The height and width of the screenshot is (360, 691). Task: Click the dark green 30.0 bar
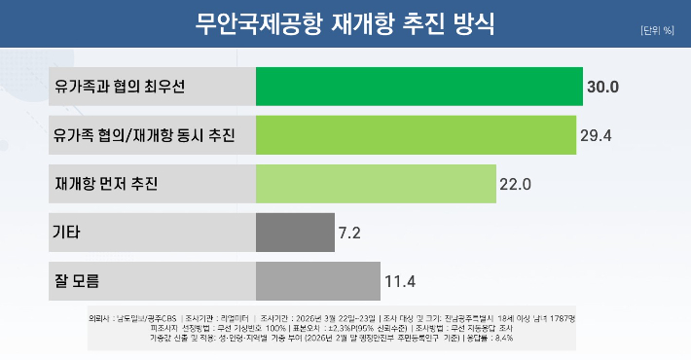418,87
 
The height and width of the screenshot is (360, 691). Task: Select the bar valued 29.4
416,134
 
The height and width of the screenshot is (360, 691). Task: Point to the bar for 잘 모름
317,282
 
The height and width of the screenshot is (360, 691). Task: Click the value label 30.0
603,87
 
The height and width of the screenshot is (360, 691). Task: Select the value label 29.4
596,134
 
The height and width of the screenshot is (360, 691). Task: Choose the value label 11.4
400,282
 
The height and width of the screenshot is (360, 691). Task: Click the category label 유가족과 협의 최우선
121,87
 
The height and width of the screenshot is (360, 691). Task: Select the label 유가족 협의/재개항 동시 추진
144,134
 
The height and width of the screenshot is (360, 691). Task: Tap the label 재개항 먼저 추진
107,183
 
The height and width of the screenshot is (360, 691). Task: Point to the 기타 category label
67,233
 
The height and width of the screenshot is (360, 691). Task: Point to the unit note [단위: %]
657,30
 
